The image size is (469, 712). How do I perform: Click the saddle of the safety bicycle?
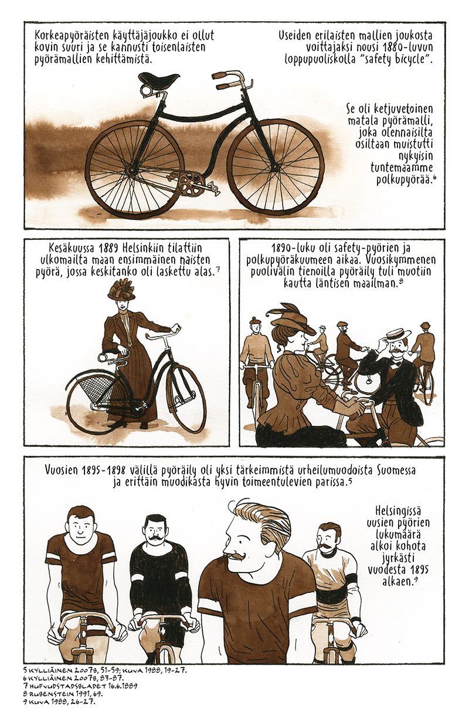click(x=159, y=79)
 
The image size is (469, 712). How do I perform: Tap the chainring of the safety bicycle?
click(x=190, y=185)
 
